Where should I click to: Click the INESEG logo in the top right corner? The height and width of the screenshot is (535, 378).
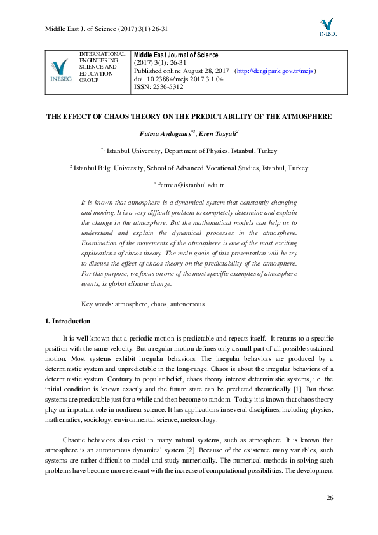pyautogui.click(x=328, y=27)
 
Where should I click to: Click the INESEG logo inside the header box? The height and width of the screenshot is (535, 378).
pyautogui.click(x=60, y=71)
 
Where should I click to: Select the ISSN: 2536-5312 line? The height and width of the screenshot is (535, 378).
pyautogui.click(x=158, y=87)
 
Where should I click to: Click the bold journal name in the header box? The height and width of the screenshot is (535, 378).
pyautogui.click(x=176, y=55)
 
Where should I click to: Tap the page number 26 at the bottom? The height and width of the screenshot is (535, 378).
pyautogui.click(x=329, y=496)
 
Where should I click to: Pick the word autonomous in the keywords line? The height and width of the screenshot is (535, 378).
pyautogui.click(x=187, y=304)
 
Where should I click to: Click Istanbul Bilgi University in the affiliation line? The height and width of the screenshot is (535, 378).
pyautogui.click(x=109, y=168)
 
